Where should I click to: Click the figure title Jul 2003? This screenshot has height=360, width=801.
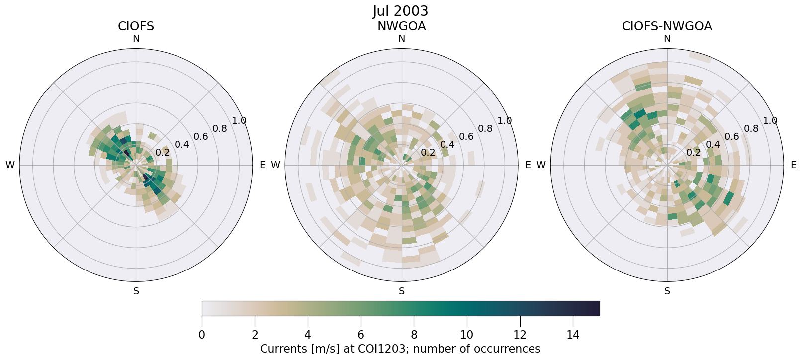(x=400, y=11)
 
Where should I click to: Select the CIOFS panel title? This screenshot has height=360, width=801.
(x=136, y=26)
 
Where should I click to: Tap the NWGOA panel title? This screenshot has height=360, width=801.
(x=401, y=26)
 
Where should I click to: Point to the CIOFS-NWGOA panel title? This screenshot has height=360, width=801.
(x=667, y=26)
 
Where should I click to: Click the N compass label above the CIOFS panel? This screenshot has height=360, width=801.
(x=136, y=39)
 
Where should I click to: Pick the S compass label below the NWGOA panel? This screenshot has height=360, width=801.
(x=402, y=291)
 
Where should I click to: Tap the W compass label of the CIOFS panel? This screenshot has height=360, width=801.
(x=10, y=165)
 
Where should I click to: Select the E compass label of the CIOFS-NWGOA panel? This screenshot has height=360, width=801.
(x=794, y=165)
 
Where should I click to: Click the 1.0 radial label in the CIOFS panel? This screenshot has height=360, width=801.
(x=239, y=121)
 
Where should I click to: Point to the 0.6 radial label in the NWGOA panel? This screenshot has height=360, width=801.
(x=466, y=137)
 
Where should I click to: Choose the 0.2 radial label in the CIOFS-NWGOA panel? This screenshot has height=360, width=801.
(x=694, y=153)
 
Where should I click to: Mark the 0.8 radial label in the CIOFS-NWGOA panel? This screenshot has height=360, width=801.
(x=751, y=129)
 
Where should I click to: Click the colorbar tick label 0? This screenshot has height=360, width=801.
(x=202, y=335)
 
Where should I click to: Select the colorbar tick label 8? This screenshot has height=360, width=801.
(x=414, y=335)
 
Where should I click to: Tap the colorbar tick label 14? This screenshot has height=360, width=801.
(x=573, y=335)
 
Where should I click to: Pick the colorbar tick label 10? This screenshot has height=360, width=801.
(x=467, y=335)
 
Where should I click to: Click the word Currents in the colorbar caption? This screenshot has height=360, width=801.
(x=281, y=349)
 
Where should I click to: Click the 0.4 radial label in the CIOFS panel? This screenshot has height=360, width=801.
(x=182, y=145)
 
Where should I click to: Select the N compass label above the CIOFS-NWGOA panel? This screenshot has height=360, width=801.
(x=667, y=39)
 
